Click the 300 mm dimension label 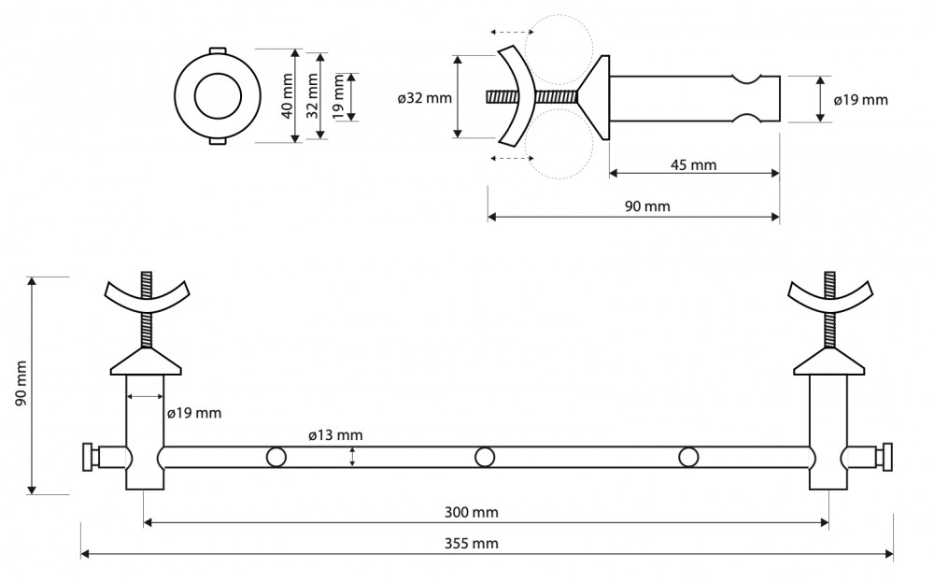pyautogui.click(x=471, y=512)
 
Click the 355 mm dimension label pyautogui.click(x=471, y=544)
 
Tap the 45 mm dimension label pyautogui.click(x=693, y=165)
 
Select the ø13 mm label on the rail pyautogui.click(x=335, y=436)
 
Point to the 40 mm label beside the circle pyautogui.click(x=288, y=96)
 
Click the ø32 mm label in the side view pyautogui.click(x=425, y=98)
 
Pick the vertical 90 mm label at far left pyautogui.click(x=21, y=384)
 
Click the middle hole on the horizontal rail pyautogui.click(x=484, y=458)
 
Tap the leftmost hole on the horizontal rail pyautogui.click(x=276, y=458)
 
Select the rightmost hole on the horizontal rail pyautogui.click(x=688, y=458)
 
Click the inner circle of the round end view pyautogui.click(x=218, y=96)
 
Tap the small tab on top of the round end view pyautogui.click(x=218, y=50)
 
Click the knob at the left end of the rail pyautogui.click(x=88, y=458)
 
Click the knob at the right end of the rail pyautogui.click(x=887, y=458)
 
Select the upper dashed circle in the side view pyautogui.click(x=559, y=49)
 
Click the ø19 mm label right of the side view pyautogui.click(x=861, y=100)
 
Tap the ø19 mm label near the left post pyautogui.click(x=194, y=413)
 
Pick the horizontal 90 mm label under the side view pyautogui.click(x=647, y=206)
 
